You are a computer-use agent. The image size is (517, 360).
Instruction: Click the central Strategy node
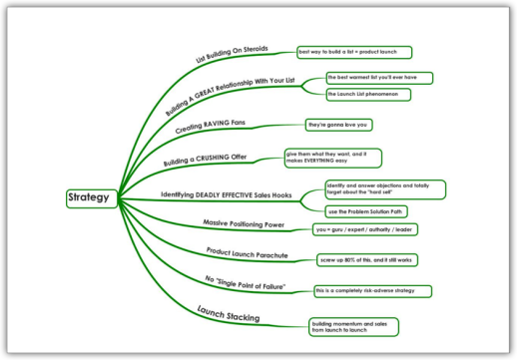click(93, 197)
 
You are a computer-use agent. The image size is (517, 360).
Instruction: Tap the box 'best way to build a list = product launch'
click(354, 52)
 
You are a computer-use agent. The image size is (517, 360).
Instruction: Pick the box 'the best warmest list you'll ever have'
click(378, 77)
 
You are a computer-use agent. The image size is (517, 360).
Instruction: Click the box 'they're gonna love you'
click(337, 125)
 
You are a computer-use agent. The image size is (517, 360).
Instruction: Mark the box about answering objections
click(384, 189)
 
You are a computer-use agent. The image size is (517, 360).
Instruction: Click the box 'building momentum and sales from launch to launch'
click(352, 327)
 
